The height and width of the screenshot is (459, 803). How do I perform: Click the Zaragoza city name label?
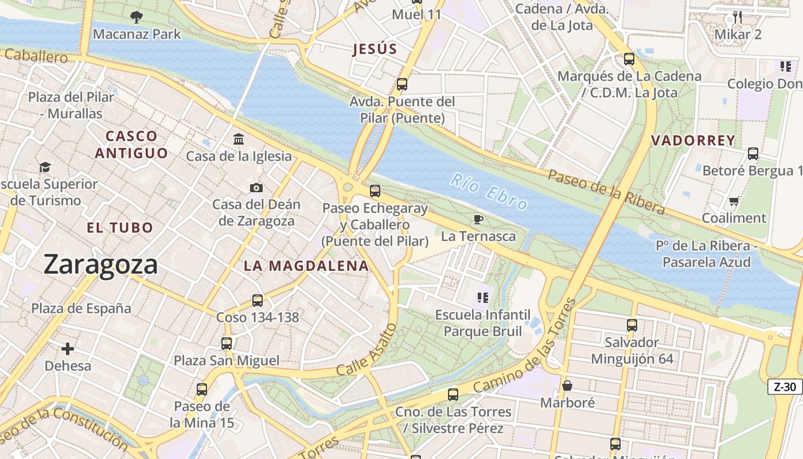pyautogui.click(x=100, y=264)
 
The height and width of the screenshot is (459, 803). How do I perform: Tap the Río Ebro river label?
pyautogui.click(x=489, y=192)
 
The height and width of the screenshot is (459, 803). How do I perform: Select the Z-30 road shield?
pyautogui.click(x=785, y=387)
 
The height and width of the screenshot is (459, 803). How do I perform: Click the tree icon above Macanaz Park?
pyautogui.click(x=137, y=17)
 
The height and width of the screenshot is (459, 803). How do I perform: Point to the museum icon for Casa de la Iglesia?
pyautogui.click(x=239, y=139)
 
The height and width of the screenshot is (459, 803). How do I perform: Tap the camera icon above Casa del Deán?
pyautogui.click(x=256, y=188)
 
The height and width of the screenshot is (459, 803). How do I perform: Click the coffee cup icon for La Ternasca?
pyautogui.click(x=478, y=219)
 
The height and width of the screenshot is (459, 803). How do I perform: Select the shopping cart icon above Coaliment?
pyautogui.click(x=734, y=201)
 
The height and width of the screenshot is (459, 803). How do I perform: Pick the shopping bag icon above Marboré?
pyautogui.click(x=567, y=386)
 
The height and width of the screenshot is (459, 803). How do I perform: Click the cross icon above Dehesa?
pyautogui.click(x=68, y=348)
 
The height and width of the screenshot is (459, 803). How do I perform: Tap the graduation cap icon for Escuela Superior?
pyautogui.click(x=45, y=167)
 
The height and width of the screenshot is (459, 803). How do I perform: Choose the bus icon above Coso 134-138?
pyautogui.click(x=258, y=300)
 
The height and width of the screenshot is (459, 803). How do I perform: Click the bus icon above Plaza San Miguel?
pyautogui.click(x=227, y=344)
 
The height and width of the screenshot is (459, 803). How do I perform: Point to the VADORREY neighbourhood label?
pyautogui.click(x=693, y=141)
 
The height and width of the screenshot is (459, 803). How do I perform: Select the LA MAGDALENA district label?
pyautogui.click(x=306, y=266)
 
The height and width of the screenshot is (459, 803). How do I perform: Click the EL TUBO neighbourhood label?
pyautogui.click(x=120, y=228)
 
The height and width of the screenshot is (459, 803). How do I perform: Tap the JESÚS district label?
pyautogui.click(x=375, y=49)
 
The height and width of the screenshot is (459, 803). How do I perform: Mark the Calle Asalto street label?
pyautogui.click(x=367, y=351)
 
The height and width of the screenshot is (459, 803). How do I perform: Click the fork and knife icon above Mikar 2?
pyautogui.click(x=738, y=17)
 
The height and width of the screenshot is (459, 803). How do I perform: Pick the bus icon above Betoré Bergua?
pyautogui.click(x=753, y=154)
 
